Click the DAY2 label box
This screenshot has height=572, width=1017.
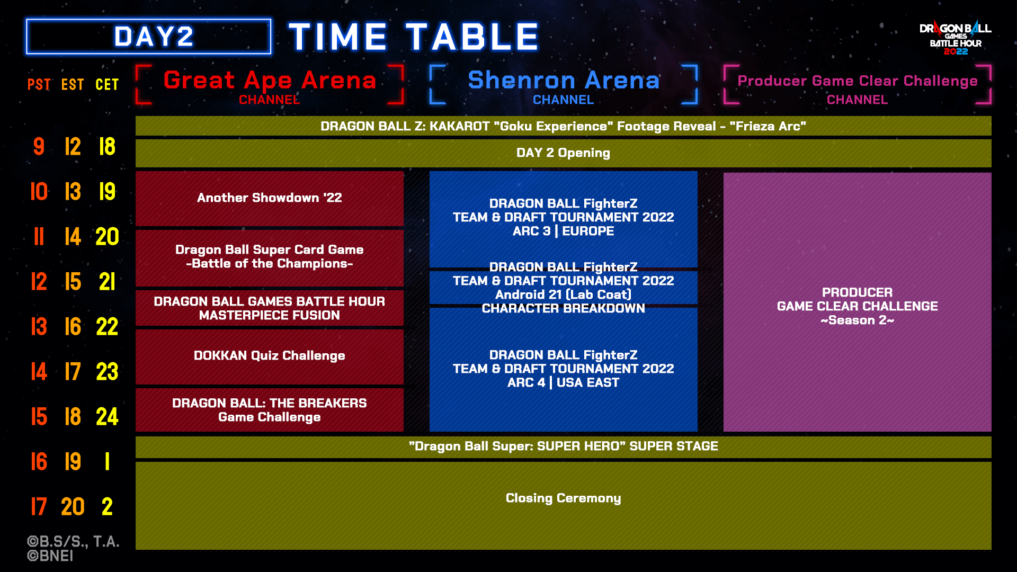(148, 37)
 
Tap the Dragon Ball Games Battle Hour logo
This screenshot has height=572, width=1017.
(955, 38)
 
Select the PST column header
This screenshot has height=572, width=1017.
(39, 84)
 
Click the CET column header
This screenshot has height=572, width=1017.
(107, 84)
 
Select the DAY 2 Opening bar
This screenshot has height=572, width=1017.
(563, 153)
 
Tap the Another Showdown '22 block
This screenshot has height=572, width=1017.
(270, 198)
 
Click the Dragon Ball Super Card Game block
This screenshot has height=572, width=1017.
(270, 257)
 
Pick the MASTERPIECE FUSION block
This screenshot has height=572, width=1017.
(270, 308)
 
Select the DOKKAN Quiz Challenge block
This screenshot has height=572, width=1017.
(270, 356)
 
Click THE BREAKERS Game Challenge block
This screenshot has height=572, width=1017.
(270, 410)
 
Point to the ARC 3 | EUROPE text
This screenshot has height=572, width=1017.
(563, 231)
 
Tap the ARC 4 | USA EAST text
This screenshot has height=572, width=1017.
(563, 382)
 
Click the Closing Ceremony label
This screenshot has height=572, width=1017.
(563, 498)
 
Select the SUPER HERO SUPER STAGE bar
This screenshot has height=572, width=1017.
(563, 447)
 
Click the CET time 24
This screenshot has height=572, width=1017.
(107, 417)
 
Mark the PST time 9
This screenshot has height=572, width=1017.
(39, 147)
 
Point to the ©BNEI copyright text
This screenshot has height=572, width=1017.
(50, 556)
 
